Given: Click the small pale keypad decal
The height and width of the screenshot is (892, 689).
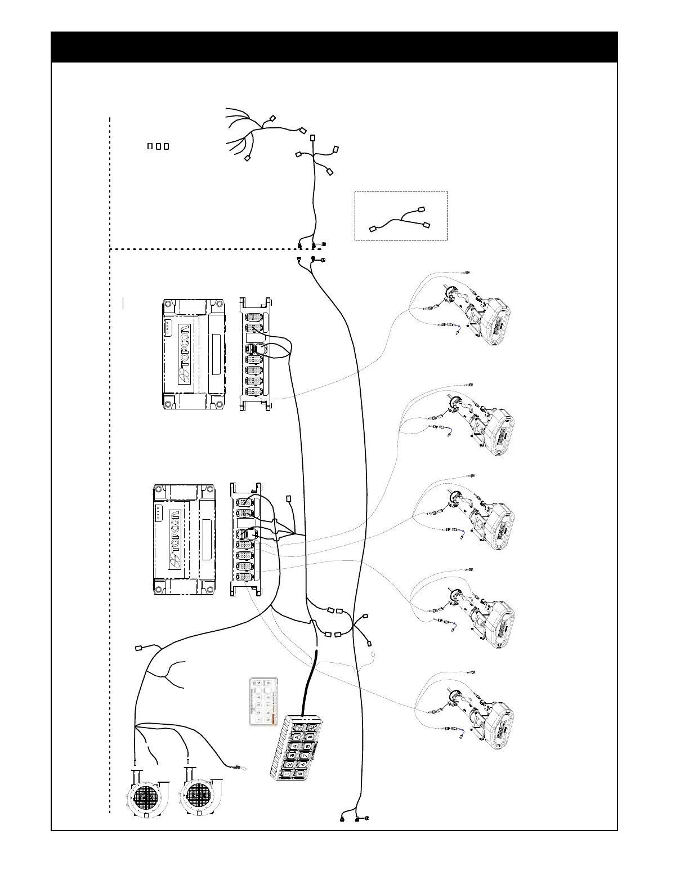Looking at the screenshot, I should click(x=264, y=701).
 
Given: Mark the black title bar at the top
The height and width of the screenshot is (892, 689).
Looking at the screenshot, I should click(x=334, y=47).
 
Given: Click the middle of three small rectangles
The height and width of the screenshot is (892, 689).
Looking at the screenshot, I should click(x=158, y=146).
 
